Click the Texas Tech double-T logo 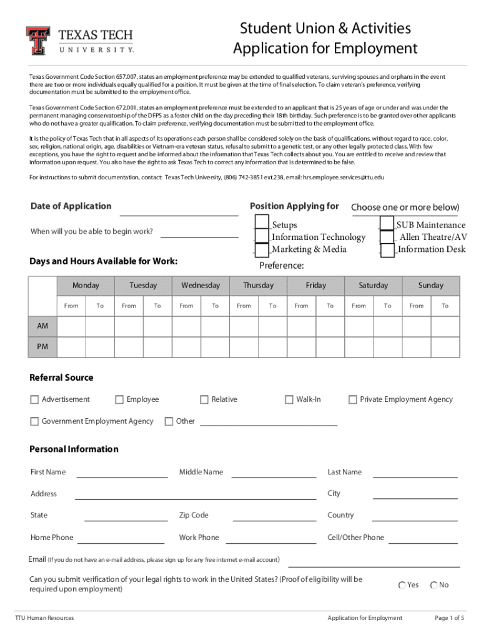[37, 41]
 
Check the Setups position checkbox [262, 224]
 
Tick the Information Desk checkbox [387, 249]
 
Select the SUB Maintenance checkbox [387, 224]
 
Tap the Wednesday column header [201, 286]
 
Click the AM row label [42, 326]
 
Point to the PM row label [42, 346]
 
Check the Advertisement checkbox [34, 400]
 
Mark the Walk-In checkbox [289, 400]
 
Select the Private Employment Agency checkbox [353, 400]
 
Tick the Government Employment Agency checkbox [34, 422]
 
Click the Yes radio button [402, 586]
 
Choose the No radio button [434, 586]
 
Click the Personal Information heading [74, 449]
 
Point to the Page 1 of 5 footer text [449, 618]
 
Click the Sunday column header [430, 286]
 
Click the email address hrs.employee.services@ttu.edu [344, 177]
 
